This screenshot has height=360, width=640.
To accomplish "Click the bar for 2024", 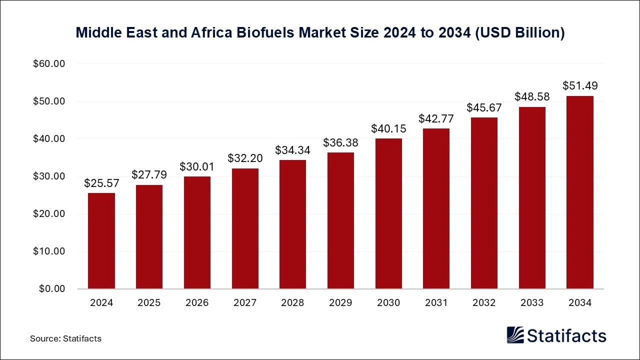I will [101, 241].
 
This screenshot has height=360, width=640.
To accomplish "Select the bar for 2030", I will [388, 213].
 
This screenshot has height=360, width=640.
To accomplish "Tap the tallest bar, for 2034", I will [579, 192].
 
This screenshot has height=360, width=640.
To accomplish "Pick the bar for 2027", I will [245, 228].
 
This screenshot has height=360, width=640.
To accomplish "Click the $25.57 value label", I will [101, 183].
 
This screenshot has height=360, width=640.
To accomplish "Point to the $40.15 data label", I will [388, 128].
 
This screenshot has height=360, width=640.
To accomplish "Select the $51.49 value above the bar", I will [579, 85].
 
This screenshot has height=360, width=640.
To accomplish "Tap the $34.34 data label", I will [293, 150].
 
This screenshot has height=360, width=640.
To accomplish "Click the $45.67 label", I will [484, 107].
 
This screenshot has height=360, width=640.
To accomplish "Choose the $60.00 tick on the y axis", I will [49, 64].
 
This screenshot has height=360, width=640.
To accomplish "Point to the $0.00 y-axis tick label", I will [51, 289].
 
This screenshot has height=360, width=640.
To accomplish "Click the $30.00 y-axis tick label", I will [49, 176].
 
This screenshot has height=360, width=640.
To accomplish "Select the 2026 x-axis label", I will [197, 303].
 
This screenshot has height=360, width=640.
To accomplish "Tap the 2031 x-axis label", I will [436, 303].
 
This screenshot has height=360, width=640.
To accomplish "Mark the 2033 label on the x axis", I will [532, 303].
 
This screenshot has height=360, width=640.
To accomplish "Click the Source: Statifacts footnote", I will [65, 338].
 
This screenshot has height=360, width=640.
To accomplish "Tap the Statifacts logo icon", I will [515, 335].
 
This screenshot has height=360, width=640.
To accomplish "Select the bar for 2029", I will [340, 220].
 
